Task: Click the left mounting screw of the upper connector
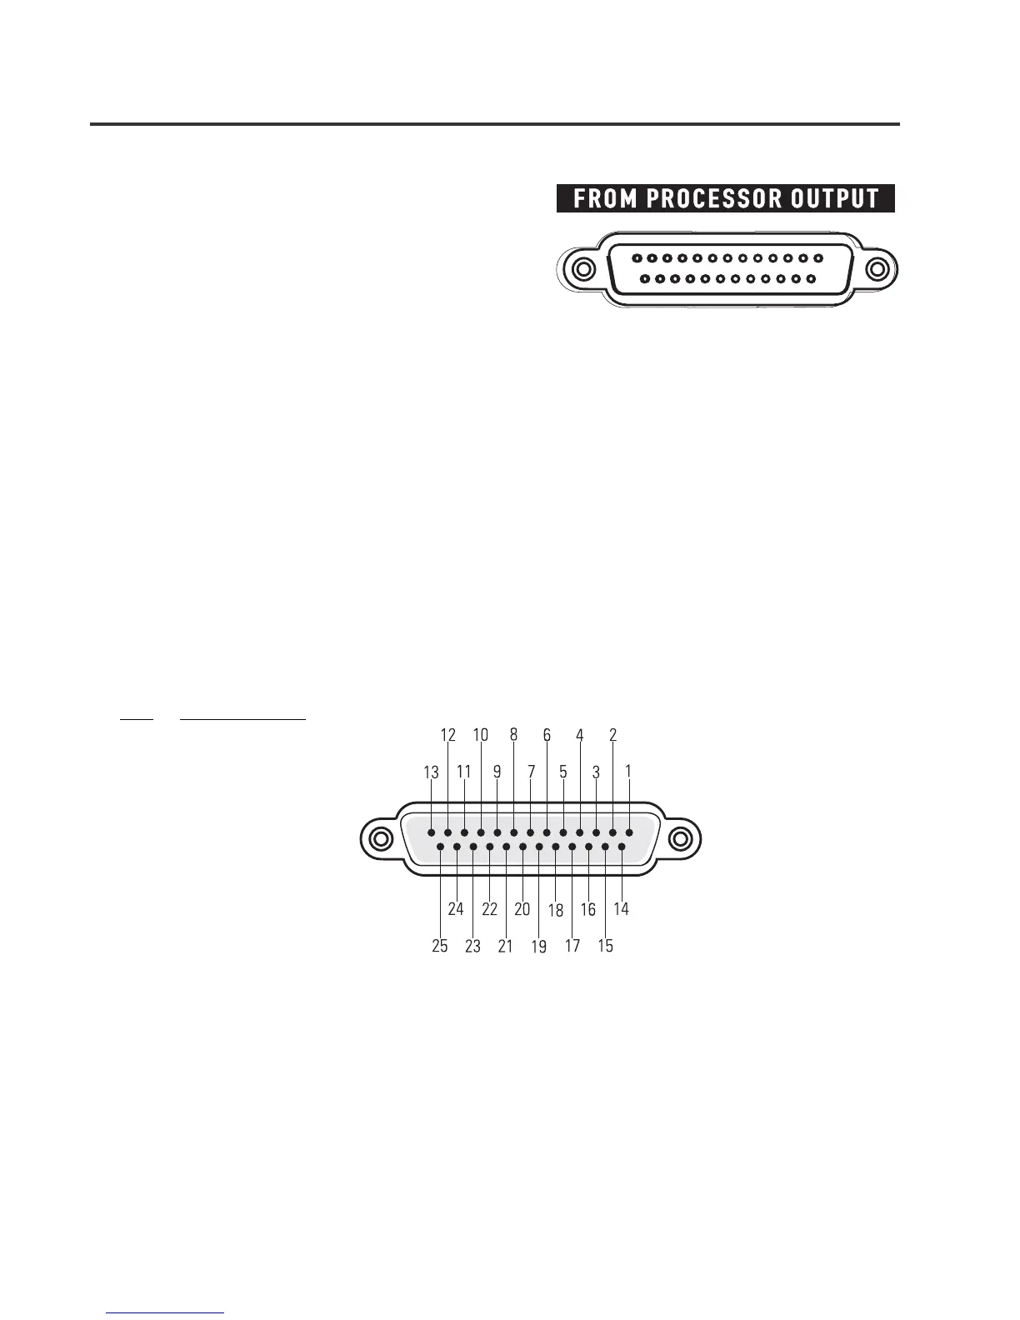pyautogui.click(x=583, y=271)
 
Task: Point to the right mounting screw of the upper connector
pyautogui.click(x=877, y=271)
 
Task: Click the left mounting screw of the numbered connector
pyautogui.click(x=380, y=838)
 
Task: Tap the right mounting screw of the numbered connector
pyautogui.click(x=681, y=838)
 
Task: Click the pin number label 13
pyautogui.click(x=431, y=772)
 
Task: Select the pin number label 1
pyautogui.click(x=628, y=772)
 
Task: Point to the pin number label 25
pyautogui.click(x=439, y=946)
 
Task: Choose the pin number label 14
pyautogui.click(x=621, y=909)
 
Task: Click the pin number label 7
pyautogui.click(x=530, y=772)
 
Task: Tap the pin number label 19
pyautogui.click(x=539, y=947)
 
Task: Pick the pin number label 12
pyautogui.click(x=448, y=735)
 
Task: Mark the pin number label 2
pyautogui.click(x=612, y=735)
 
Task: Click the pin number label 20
pyautogui.click(x=522, y=909)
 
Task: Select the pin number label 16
pyautogui.click(x=588, y=909)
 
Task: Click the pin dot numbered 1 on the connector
pyautogui.click(x=629, y=832)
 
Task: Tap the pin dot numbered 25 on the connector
pyautogui.click(x=440, y=847)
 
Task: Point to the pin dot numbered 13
pyautogui.click(x=431, y=832)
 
